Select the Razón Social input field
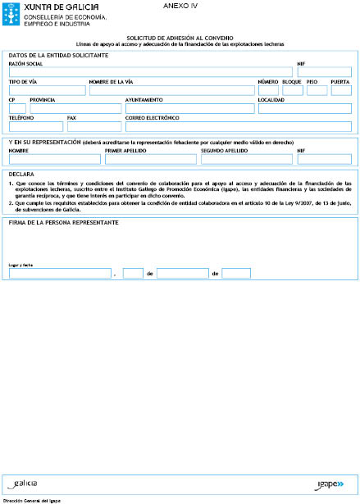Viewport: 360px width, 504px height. point(151,72)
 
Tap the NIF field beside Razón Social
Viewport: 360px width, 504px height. point(324,72)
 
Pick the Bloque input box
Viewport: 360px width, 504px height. point(292,90)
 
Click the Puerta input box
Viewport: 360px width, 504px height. point(340,90)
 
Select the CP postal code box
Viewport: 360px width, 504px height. point(17,108)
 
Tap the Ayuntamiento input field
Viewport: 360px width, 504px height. point(189,108)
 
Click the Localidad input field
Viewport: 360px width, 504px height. point(304,108)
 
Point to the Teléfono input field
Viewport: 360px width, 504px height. point(35,126)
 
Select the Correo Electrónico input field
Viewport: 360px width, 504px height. point(238,126)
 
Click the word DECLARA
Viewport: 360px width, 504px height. point(21,174)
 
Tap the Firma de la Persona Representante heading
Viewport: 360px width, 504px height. point(64,222)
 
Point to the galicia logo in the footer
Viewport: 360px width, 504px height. point(26,484)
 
